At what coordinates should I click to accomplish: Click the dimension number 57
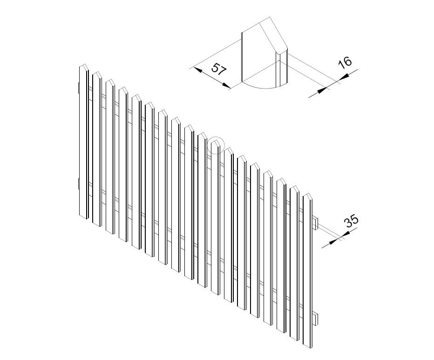219,69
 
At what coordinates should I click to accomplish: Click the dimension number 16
345,62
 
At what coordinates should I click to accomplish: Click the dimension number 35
351,221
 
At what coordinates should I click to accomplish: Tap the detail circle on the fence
215,145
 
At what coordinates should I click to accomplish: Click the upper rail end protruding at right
316,224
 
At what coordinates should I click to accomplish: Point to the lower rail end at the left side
79,184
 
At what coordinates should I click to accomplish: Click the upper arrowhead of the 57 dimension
198,69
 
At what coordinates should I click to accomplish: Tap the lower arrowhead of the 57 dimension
226,86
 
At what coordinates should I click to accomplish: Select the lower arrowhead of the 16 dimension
322,90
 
